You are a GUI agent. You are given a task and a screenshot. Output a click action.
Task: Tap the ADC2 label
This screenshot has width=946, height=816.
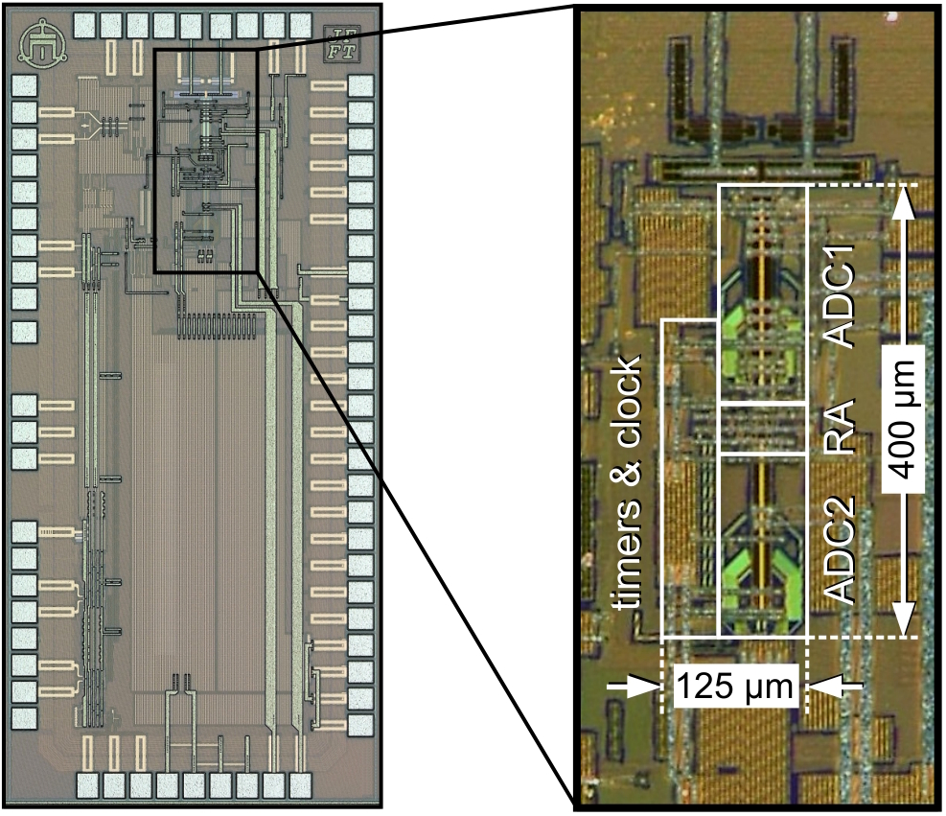click(x=841, y=552)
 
